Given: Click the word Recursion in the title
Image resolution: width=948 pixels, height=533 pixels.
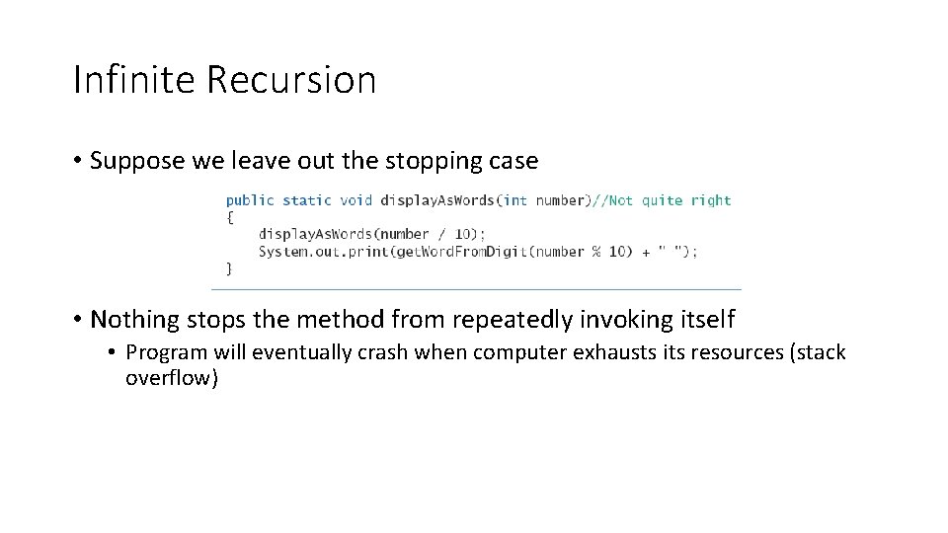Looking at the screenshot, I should pyautogui.click(x=291, y=79).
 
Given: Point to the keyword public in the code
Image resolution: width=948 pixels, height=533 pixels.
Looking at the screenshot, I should pyautogui.click(x=250, y=200).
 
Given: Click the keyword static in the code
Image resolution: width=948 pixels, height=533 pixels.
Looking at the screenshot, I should pyautogui.click(x=306, y=200).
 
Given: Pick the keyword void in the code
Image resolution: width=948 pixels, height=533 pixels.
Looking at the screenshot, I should pyautogui.click(x=355, y=200).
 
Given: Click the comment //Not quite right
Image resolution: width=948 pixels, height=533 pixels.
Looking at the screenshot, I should pyautogui.click(x=661, y=200).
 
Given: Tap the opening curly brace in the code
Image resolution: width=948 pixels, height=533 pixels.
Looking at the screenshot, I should pyautogui.click(x=229, y=217).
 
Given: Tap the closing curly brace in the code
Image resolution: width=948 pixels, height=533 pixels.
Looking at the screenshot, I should pyautogui.click(x=229, y=267).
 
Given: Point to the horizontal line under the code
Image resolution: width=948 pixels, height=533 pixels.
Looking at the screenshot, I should pyautogui.click(x=476, y=289).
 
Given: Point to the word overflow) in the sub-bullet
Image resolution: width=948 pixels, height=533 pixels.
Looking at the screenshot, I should pyautogui.click(x=171, y=378).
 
